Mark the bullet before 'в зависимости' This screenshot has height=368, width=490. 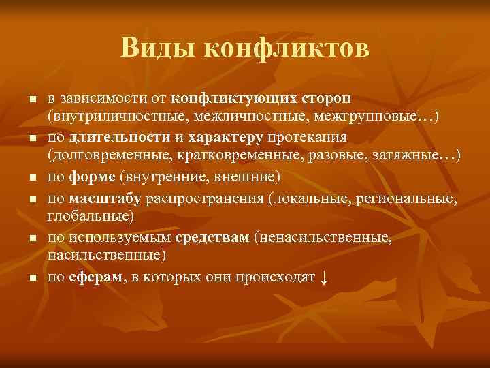click(31, 100)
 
